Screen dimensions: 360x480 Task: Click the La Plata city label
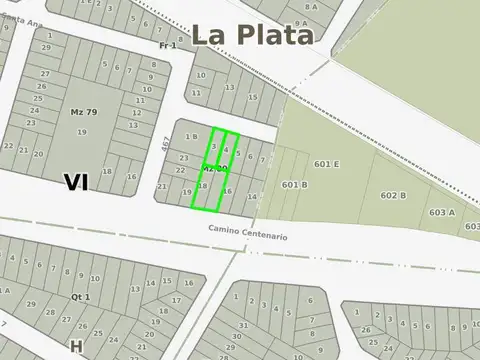[253, 34]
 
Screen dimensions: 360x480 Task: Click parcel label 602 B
[393, 195]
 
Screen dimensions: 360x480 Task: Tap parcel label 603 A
[442, 212]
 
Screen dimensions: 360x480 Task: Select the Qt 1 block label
[81, 297]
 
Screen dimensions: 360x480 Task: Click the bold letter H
[75, 345]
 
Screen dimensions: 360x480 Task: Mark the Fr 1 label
[167, 46]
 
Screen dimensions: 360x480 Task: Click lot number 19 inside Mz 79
[81, 131]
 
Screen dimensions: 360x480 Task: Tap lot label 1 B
[191, 135]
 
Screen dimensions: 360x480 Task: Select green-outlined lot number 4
[226, 150]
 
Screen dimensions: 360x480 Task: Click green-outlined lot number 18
[202, 186]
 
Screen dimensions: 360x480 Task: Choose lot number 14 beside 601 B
[251, 198]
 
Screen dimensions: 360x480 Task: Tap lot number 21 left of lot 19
[162, 186]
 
